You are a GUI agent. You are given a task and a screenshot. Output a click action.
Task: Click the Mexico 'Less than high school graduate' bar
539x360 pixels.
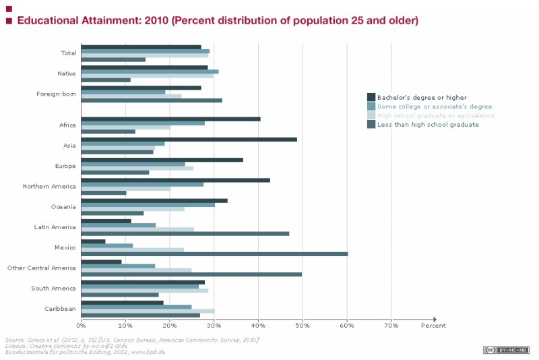click(x=214, y=254)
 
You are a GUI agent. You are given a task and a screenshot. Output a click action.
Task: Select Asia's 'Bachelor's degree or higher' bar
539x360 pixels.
click(x=189, y=140)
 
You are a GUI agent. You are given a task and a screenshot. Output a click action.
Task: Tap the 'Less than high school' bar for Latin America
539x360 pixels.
click(x=185, y=234)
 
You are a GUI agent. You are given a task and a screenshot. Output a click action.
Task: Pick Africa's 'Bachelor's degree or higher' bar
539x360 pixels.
click(x=170, y=119)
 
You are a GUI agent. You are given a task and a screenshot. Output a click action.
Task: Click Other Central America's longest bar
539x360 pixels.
click(x=191, y=274)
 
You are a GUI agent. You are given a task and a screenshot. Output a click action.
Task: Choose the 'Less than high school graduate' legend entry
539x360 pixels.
click(x=427, y=125)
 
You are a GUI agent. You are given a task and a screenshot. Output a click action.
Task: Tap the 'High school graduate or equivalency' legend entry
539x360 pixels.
click(x=435, y=115)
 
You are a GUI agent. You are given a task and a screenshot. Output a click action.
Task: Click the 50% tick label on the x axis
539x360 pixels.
click(x=303, y=326)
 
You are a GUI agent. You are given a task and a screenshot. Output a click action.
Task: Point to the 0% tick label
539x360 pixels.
click(x=81, y=326)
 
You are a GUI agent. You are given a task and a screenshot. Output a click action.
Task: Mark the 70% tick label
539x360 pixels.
click(x=391, y=326)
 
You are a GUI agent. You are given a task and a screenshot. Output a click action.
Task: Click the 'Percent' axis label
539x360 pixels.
click(x=433, y=326)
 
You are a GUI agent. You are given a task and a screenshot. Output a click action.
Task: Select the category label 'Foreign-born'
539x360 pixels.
click(x=56, y=93)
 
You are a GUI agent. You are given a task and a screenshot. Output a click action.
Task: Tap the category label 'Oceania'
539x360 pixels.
click(x=63, y=206)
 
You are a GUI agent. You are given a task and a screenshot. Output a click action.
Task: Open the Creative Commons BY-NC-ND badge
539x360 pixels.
click(x=506, y=349)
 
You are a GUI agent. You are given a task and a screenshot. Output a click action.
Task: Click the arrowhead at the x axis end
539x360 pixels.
click(x=435, y=319)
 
